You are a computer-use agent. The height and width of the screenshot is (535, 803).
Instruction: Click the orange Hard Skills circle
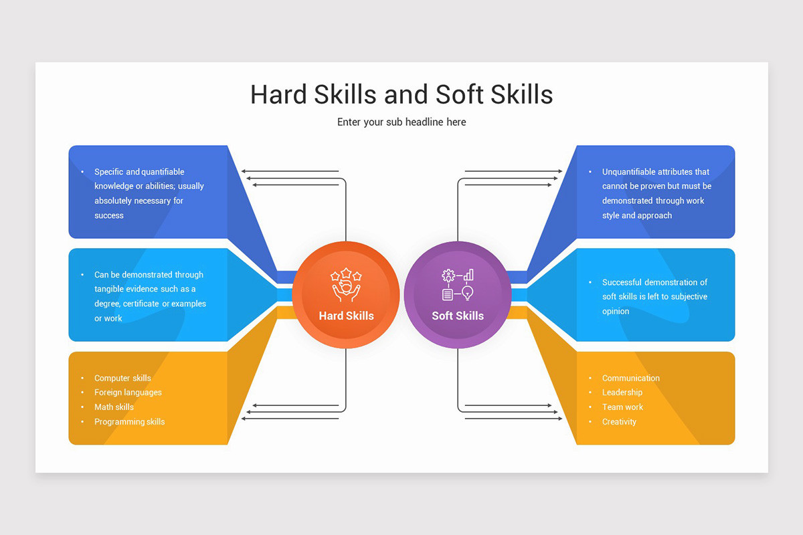tap(346, 295)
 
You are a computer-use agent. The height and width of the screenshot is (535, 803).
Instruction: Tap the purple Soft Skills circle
tap(458, 295)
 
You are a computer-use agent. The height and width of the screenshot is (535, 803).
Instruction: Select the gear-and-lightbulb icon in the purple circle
tap(458, 284)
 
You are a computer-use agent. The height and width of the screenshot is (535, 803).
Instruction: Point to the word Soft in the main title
tap(460, 94)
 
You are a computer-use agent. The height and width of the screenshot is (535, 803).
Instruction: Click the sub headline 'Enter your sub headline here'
tap(401, 122)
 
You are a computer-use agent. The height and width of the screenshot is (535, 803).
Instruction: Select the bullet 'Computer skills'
tap(122, 378)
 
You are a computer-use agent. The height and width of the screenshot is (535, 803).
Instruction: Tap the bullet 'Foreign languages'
tap(128, 393)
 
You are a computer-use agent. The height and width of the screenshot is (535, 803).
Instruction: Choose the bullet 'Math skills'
tap(114, 407)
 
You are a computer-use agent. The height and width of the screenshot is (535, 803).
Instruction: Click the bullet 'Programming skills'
tap(129, 422)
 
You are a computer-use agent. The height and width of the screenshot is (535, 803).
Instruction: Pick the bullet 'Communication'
tap(630, 378)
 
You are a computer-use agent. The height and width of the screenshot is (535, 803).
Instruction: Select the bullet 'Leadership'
tap(622, 393)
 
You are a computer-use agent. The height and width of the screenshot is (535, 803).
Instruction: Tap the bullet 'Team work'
tap(622, 407)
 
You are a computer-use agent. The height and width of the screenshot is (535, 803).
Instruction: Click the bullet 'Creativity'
tap(619, 422)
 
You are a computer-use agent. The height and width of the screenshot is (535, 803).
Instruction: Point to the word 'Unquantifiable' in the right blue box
tap(628, 172)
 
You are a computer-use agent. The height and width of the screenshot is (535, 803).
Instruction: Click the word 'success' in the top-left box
tap(108, 215)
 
